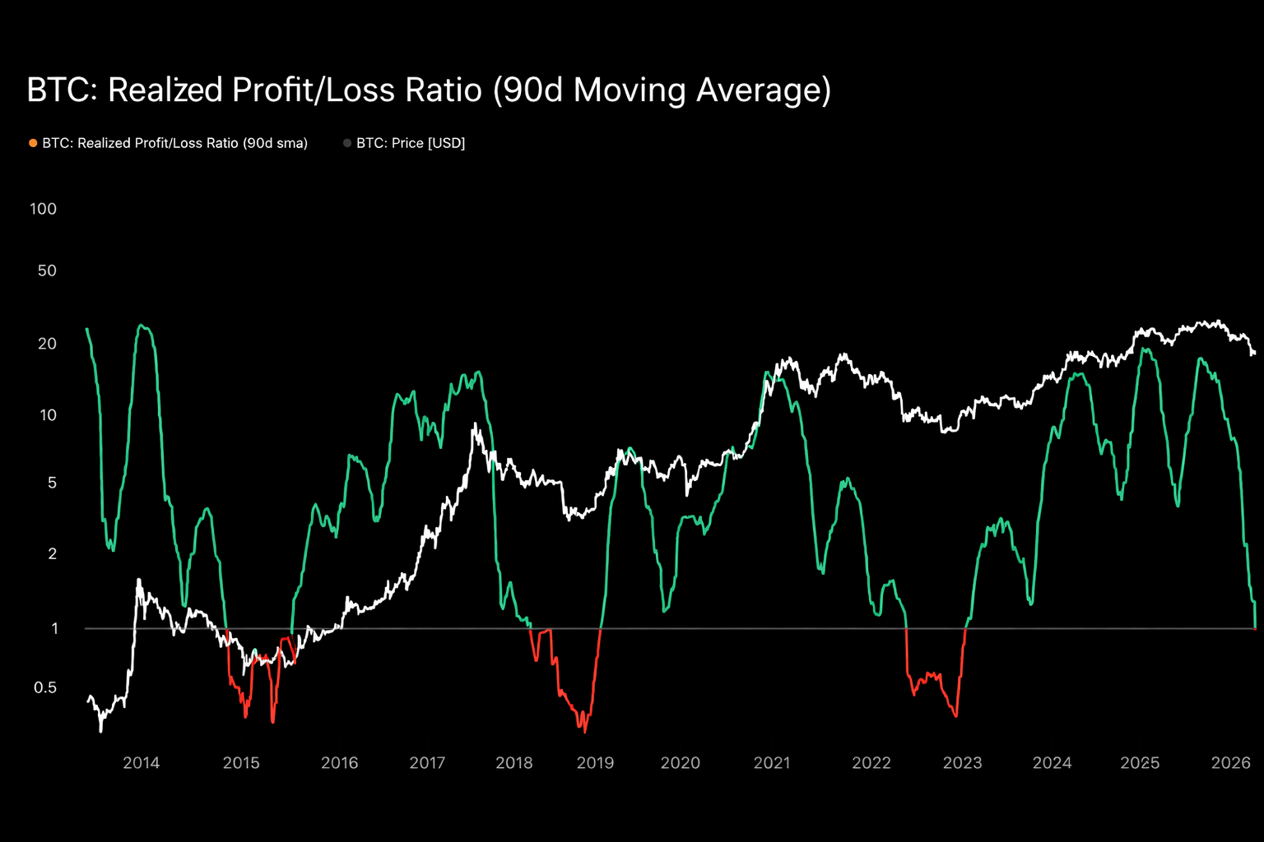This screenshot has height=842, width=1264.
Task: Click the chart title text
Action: (428, 90)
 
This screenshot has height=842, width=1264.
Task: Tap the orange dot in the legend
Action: (33, 143)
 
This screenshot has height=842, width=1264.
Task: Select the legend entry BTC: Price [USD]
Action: (410, 143)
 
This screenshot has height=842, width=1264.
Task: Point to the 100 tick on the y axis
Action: (43, 209)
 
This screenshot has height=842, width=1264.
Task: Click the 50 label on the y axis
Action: (47, 271)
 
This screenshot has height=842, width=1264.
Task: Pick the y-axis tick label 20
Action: (47, 344)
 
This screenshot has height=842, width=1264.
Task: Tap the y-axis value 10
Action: (48, 415)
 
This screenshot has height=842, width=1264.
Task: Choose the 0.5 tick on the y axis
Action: (44, 687)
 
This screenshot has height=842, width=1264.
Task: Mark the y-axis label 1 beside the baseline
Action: (54, 629)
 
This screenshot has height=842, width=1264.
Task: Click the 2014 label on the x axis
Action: (141, 763)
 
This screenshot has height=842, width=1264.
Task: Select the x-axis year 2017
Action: (427, 763)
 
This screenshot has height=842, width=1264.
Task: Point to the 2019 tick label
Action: (595, 763)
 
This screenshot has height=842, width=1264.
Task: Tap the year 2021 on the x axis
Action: (771, 763)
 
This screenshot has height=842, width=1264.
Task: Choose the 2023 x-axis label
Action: (962, 763)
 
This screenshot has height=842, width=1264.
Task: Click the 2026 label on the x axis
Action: (1230, 763)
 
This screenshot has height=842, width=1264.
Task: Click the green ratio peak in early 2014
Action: (142, 326)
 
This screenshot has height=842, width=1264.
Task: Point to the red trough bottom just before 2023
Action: (955, 716)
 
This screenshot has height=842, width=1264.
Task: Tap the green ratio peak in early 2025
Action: (1145, 349)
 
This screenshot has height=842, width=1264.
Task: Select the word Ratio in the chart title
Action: (445, 90)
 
